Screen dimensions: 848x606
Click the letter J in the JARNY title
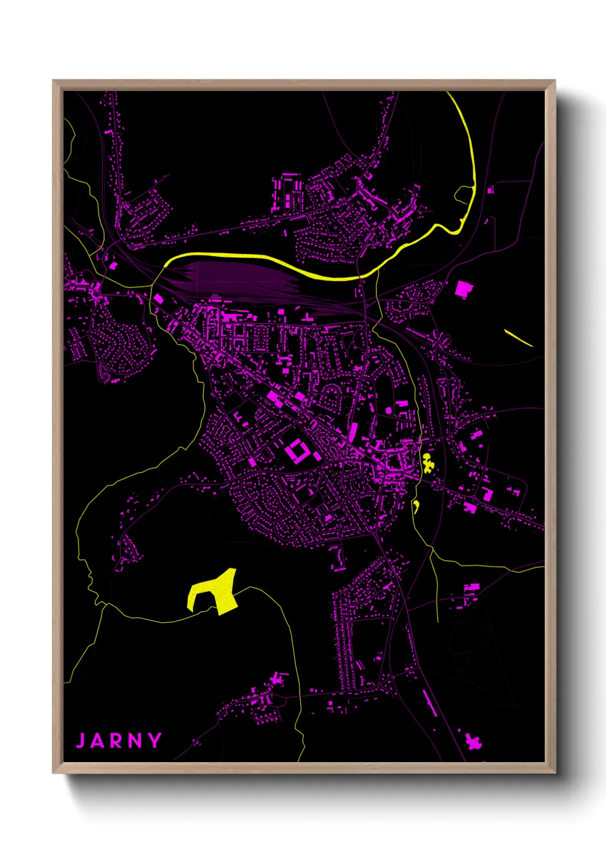coord(81,740)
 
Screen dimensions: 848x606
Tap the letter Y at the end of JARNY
coord(155,740)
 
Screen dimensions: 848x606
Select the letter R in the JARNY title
coord(117,740)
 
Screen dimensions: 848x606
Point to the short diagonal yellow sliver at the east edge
coord(518,338)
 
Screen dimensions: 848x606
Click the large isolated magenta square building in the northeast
coord(462,289)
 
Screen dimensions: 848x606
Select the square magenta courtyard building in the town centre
coord(296,452)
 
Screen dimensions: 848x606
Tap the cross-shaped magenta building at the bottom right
coord(473,742)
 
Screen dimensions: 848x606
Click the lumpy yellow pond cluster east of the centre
coord(427,463)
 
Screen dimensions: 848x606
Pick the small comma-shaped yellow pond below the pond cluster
coord(416,505)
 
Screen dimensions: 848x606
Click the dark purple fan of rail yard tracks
coord(241,278)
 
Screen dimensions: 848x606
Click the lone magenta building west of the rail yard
coord(112,265)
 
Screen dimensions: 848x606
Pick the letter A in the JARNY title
coord(99,740)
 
